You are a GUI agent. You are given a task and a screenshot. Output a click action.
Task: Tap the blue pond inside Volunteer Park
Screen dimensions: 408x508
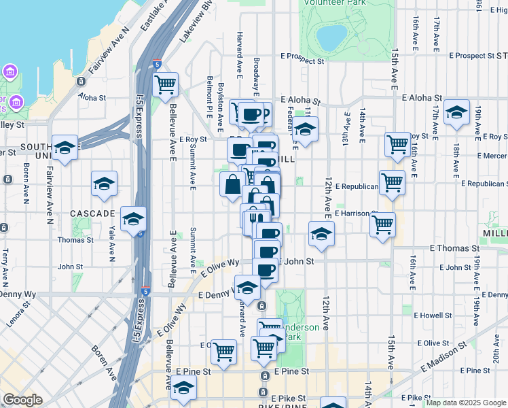click(332, 38)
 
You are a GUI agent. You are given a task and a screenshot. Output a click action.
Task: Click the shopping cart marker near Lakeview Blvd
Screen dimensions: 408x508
click(165, 85)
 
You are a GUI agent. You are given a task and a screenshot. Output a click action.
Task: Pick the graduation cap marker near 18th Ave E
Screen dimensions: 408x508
click(456, 112)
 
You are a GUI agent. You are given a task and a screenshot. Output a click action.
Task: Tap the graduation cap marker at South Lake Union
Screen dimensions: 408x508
click(65, 148)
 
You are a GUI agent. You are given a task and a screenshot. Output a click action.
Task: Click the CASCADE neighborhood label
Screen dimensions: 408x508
click(92, 214)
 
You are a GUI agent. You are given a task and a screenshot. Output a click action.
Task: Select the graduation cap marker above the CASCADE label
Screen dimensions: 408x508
click(104, 184)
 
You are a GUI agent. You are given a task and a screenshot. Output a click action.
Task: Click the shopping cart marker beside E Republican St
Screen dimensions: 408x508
click(392, 182)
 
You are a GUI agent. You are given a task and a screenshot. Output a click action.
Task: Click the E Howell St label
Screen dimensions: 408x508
click(430, 316)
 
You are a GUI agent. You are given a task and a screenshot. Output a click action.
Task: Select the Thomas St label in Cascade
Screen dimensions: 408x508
click(71, 240)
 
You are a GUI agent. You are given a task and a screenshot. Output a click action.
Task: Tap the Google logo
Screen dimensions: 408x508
click(23, 400)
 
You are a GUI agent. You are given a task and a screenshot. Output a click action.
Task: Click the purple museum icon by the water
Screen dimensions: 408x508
click(10, 71)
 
